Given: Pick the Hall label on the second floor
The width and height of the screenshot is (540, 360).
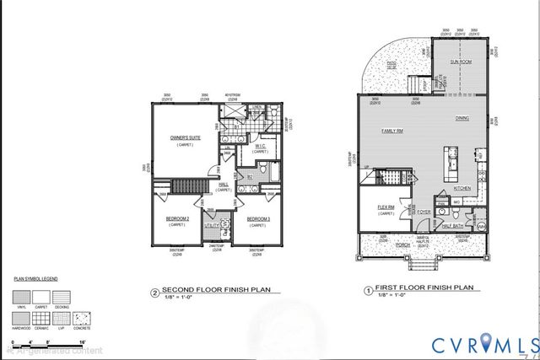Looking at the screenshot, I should coord(224,184).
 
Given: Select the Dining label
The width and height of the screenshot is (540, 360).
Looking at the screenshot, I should coord(462,118).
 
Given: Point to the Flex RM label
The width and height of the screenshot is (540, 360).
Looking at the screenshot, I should coord(386,207).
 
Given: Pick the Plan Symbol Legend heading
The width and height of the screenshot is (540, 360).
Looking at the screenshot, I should coord(35,276).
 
